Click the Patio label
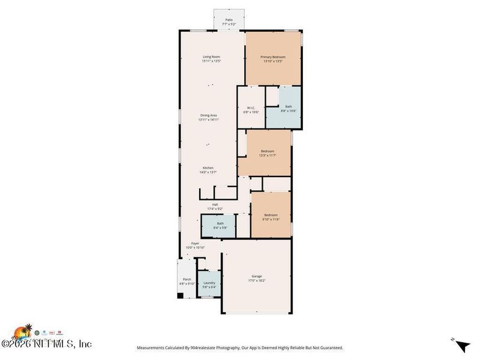[229, 20]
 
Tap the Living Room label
[211, 56]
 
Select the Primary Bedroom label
[272, 56]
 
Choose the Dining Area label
[208, 115]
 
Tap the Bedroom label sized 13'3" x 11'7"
[268, 151]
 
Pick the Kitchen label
[208, 168]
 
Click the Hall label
[215, 204]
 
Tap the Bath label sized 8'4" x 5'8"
[220, 224]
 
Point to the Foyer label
[196, 243]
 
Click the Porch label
[187, 279]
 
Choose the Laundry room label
[209, 283]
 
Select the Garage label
[257, 276]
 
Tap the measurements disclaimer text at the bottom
[240, 348]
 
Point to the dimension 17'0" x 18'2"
[257, 281]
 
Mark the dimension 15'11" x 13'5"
[211, 61]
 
